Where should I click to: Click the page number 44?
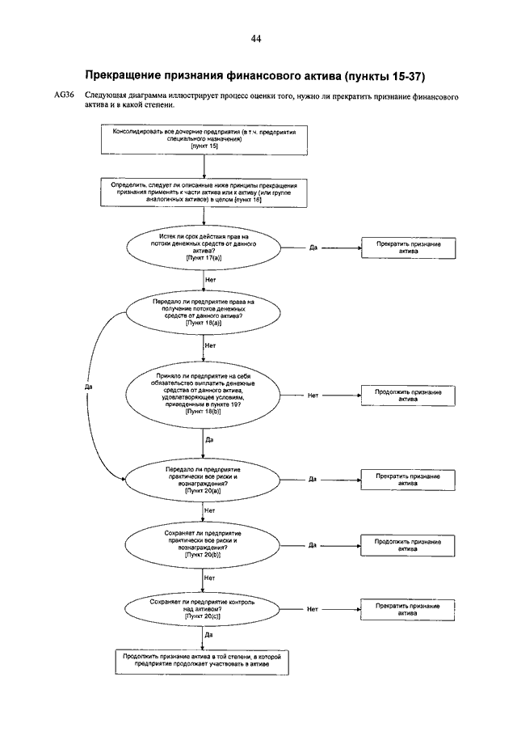click(x=255, y=39)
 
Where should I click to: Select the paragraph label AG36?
click(x=65, y=95)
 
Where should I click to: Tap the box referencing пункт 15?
click(x=204, y=139)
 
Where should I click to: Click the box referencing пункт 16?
click(x=204, y=193)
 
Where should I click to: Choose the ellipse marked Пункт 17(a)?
click(x=204, y=248)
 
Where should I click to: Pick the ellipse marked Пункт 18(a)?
click(x=204, y=313)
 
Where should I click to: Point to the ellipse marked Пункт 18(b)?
click(x=203, y=396)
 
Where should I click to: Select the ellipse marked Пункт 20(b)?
click(x=202, y=545)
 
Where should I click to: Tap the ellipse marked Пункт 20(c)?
click(x=202, y=609)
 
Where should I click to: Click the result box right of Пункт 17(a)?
click(x=409, y=248)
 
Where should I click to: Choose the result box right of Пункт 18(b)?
click(x=408, y=396)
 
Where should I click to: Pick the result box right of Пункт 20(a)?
click(x=408, y=480)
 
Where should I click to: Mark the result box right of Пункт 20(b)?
click(x=407, y=545)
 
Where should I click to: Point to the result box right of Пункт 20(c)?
click(x=407, y=610)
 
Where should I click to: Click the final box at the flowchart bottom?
click(x=202, y=661)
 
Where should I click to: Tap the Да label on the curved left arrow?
click(x=89, y=387)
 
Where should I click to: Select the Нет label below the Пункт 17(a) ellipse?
click(x=210, y=280)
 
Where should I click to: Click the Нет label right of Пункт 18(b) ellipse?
click(x=313, y=396)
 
